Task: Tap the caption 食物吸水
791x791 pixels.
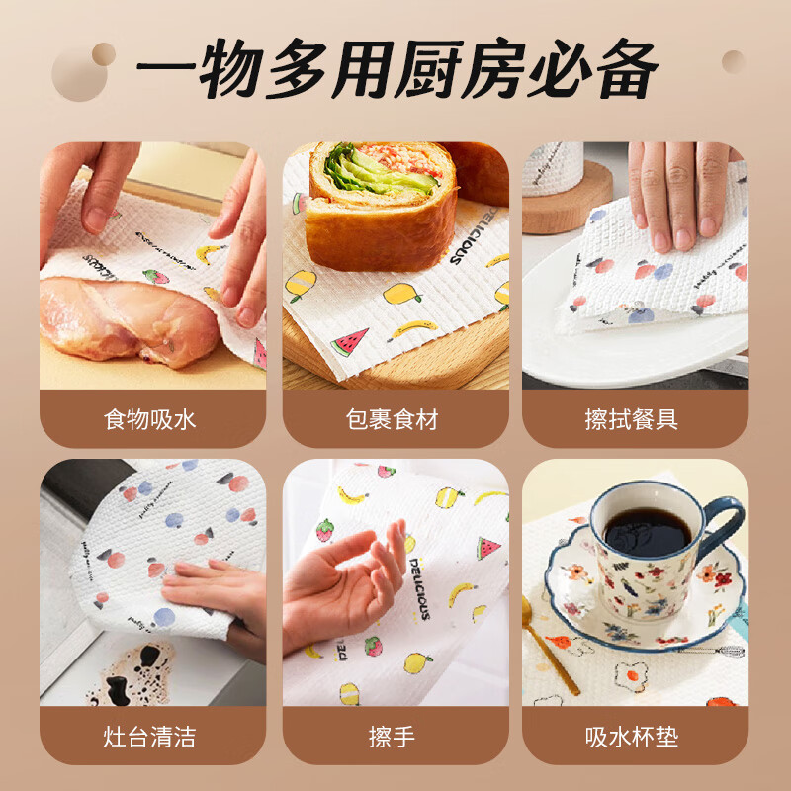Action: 150,419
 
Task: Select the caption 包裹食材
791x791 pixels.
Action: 395,419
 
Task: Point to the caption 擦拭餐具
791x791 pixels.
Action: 633,419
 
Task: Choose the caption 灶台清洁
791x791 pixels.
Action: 150,737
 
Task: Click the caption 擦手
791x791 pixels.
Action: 395,737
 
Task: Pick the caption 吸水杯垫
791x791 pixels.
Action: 633,737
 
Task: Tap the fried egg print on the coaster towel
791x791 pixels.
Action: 631,676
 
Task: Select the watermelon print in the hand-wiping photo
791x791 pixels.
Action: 487,547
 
